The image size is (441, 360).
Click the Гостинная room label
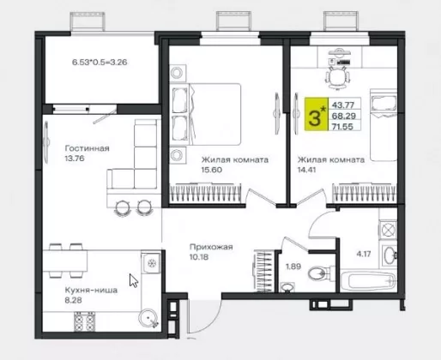(88, 148)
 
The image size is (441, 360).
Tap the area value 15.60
(212, 170)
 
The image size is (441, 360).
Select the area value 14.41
(306, 170)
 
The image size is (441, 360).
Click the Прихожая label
(211, 247)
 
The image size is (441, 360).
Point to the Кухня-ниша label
(91, 291)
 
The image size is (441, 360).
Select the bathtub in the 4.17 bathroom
(368, 281)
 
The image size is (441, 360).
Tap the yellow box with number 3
(317, 114)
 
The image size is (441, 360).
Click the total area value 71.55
(343, 126)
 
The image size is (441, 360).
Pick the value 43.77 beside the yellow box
(343, 105)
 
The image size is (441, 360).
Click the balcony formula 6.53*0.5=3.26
(100, 62)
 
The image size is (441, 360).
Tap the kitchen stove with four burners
(85, 321)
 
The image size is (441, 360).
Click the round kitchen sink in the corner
(148, 318)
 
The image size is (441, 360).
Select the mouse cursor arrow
(134, 280)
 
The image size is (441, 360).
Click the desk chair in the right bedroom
(338, 77)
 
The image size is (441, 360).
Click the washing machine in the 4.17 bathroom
(388, 229)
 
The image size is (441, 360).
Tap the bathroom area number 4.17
(363, 254)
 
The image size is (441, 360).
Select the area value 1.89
(293, 267)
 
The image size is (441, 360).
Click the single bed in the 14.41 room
(384, 125)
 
